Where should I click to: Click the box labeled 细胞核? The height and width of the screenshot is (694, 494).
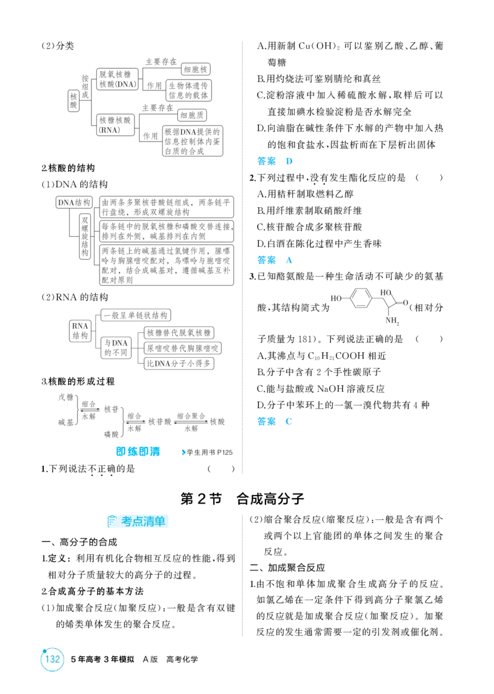coord(196,69)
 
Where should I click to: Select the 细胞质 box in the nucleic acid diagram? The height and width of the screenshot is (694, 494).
coord(192,115)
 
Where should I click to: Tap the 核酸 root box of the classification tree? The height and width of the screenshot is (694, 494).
coord(73,101)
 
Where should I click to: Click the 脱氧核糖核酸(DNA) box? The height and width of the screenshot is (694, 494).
coord(118,79)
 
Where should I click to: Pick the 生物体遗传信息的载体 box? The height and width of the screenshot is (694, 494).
coord(188,90)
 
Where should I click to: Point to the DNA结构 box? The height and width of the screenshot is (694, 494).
coord(74,203)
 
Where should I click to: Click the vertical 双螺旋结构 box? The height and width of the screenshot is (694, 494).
coord(85,236)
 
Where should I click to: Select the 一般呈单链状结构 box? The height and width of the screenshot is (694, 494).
coord(136,315)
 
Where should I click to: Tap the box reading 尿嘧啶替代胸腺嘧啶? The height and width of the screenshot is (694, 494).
coord(183,349)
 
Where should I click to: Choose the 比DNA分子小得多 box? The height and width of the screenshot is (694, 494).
coord(179,363)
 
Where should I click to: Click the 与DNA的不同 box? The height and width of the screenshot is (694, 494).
coord(116,347)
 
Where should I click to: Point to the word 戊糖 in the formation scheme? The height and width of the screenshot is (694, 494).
coord(66,397)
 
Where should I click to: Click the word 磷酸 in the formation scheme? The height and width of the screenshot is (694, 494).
coord(111,434)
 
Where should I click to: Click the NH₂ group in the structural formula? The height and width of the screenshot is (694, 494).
coord(392,321)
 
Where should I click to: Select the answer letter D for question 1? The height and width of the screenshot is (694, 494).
coord(289,161)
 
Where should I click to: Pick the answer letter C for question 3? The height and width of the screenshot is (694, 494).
coord(289,421)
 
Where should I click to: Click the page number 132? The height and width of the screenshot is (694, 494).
coord(52,659)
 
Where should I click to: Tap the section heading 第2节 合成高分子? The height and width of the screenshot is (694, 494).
coord(242,499)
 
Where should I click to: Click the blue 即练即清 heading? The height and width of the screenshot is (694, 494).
coord(138,452)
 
